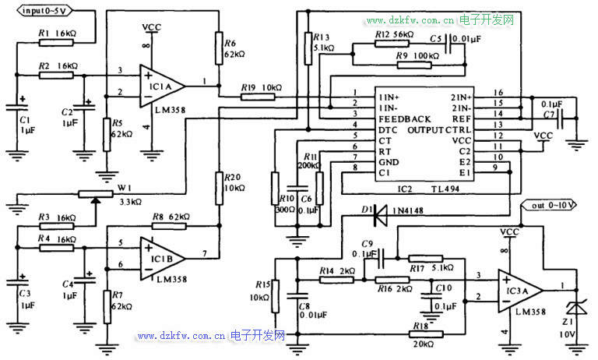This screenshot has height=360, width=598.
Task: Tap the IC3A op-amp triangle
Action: click(x=519, y=289)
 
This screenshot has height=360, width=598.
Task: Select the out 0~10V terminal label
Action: click(x=554, y=206)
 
